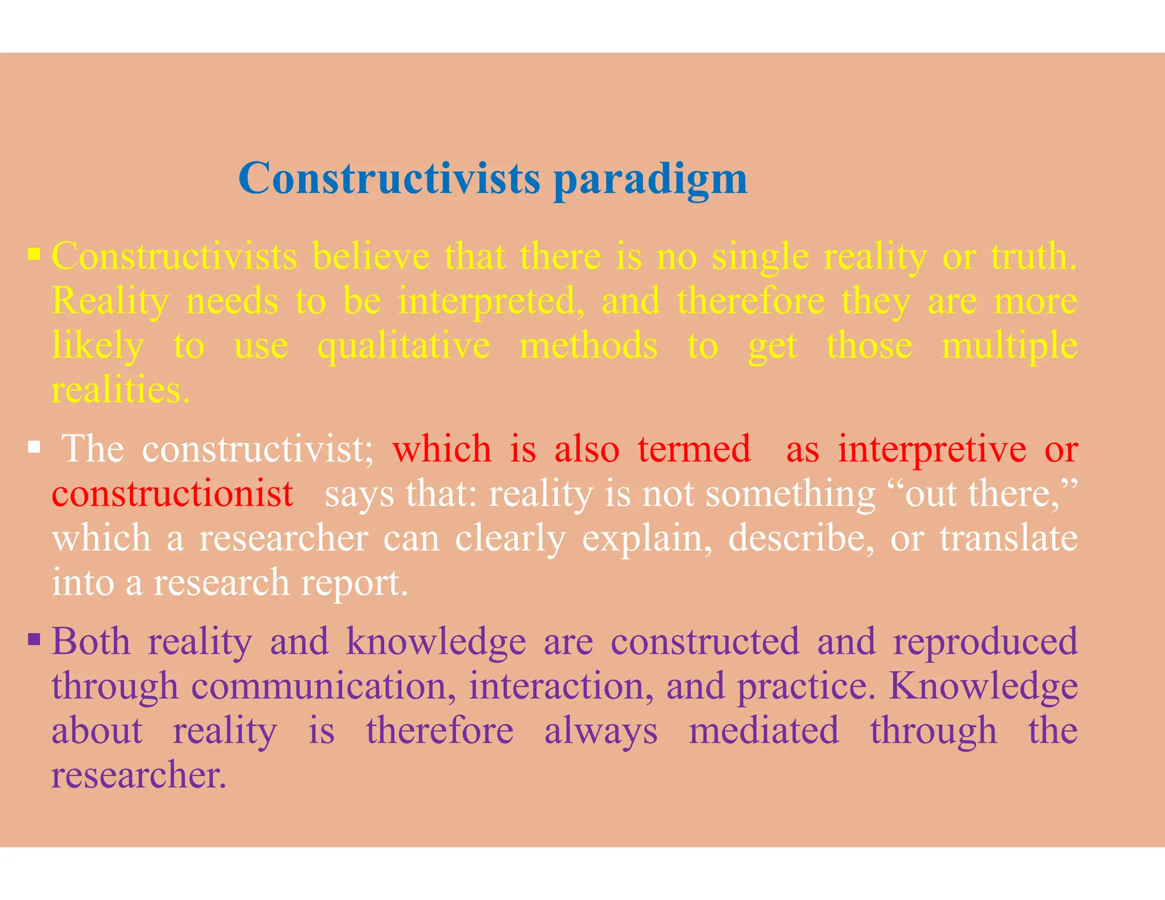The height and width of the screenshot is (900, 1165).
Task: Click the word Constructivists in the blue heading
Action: [x=389, y=179]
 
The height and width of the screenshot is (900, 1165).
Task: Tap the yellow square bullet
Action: [x=34, y=253]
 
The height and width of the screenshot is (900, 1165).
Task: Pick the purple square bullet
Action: [x=34, y=639]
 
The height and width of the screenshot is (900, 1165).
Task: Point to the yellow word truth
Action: [x=1034, y=257]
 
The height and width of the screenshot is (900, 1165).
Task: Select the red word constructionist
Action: [x=172, y=493]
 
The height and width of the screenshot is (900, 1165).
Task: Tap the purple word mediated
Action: [x=763, y=730]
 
